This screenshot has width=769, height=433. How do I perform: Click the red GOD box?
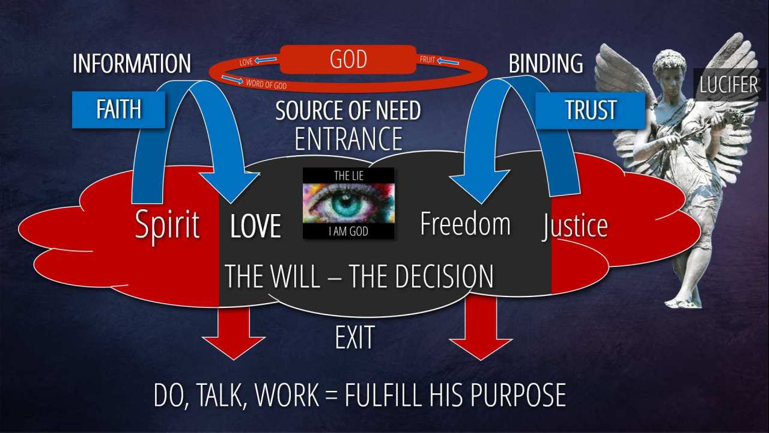[348, 60]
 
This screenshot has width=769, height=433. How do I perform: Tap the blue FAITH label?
[118, 109]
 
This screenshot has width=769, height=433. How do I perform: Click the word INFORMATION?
[132, 64]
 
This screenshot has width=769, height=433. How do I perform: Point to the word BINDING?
[546, 63]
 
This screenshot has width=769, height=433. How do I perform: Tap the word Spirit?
[167, 225]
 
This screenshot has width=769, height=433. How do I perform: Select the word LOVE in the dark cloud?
[256, 226]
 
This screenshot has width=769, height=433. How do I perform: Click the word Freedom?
[465, 223]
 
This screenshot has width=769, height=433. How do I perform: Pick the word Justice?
[575, 226]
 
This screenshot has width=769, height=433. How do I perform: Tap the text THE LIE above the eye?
[348, 175]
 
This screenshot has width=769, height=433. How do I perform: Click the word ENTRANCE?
[348, 139]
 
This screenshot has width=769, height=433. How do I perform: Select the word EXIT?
[354, 337]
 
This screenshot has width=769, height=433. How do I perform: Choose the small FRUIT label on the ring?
[427, 60]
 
